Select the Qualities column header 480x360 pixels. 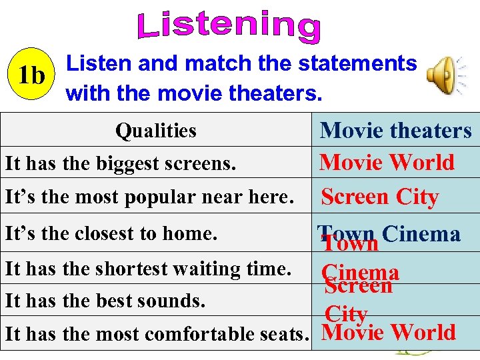pos(155,131)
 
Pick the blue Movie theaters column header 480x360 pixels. pos(395,130)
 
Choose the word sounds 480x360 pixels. pos(173,301)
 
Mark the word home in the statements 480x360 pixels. pos(195,234)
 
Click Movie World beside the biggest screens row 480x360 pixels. pos(387,163)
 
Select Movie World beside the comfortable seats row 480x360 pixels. pos(389,332)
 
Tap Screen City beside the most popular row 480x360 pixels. pos(379,197)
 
